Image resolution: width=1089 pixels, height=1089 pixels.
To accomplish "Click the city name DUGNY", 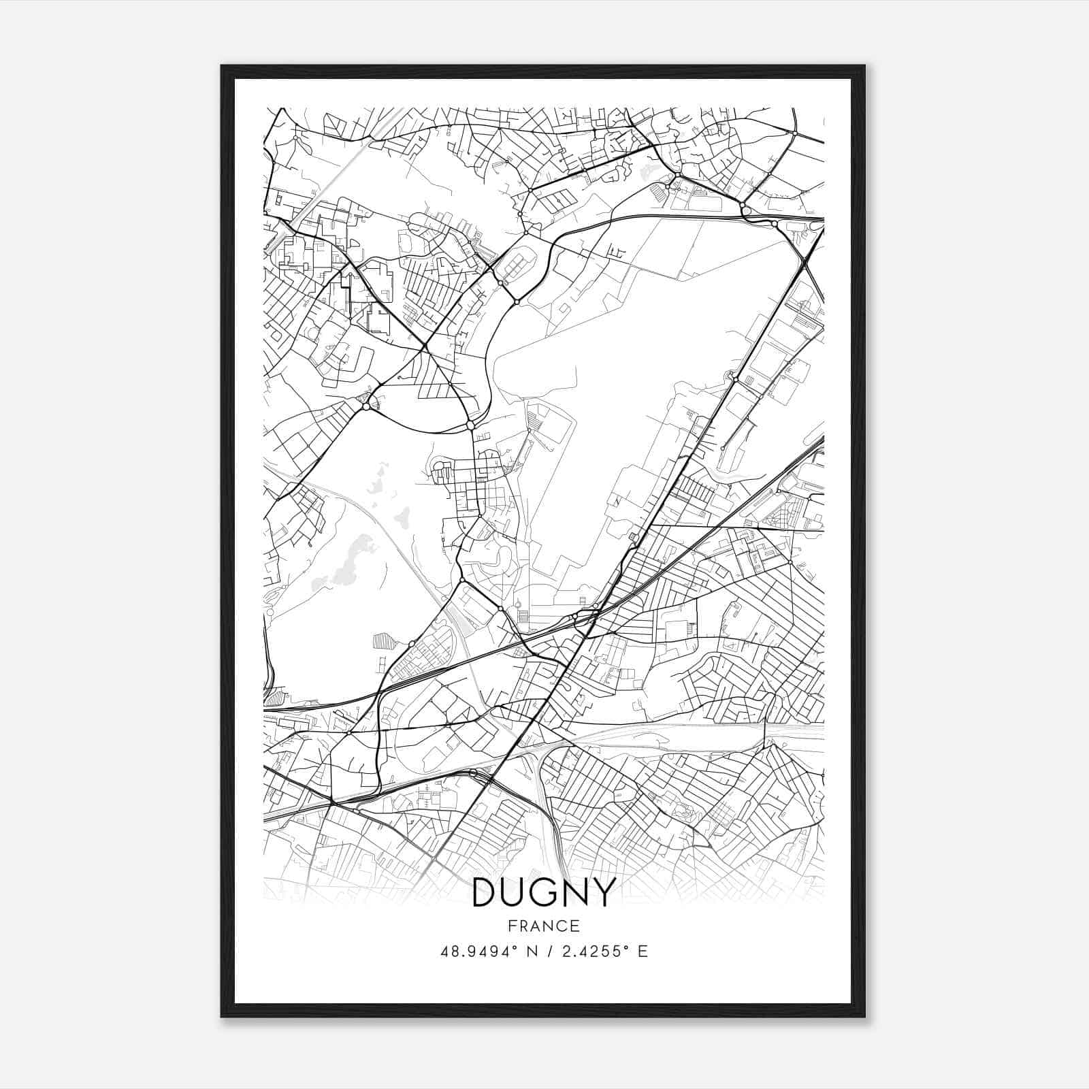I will (544, 892).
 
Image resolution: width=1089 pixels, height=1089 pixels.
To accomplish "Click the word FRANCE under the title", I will (544, 926).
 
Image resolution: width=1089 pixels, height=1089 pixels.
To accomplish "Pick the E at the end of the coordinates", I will (643, 952).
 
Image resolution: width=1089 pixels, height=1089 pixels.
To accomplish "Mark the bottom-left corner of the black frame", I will (223, 1015).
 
